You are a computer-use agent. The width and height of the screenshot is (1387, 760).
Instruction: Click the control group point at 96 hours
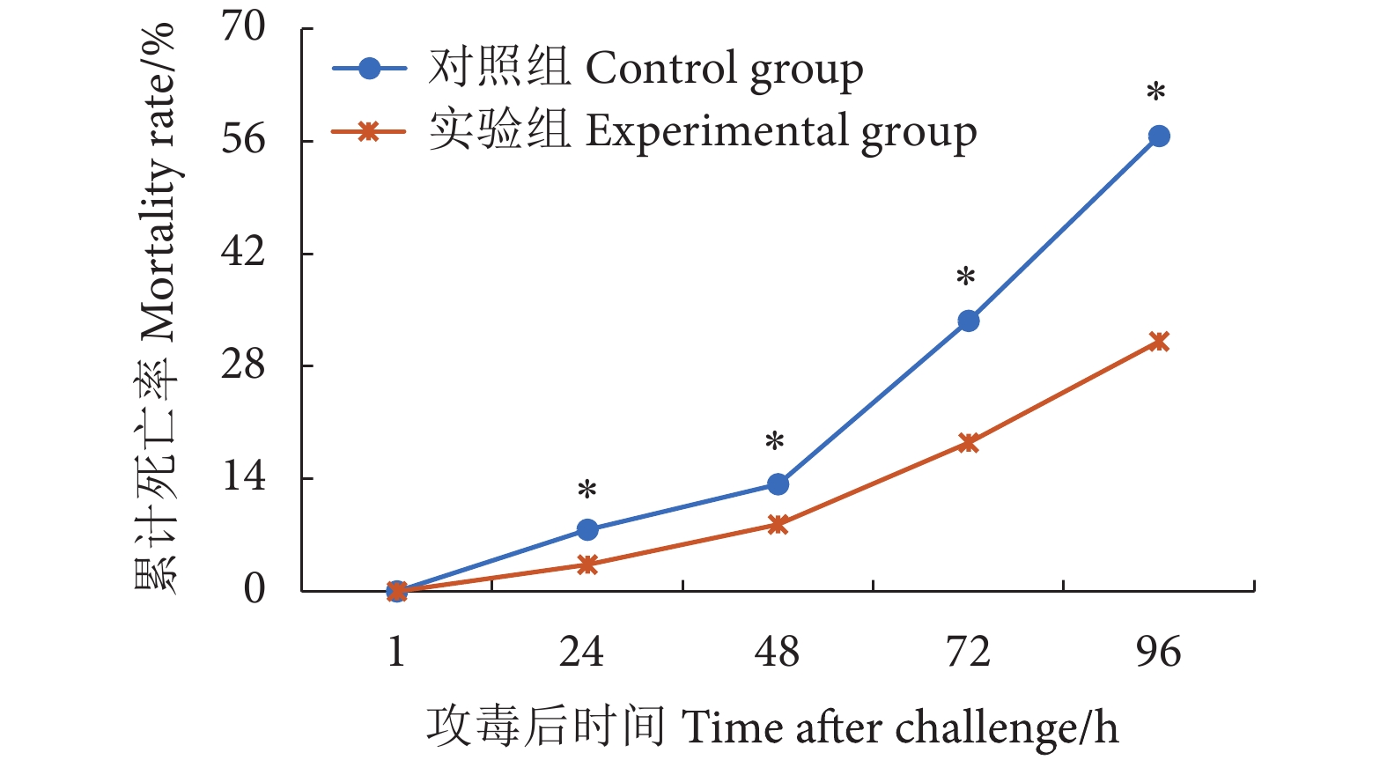tap(1159, 137)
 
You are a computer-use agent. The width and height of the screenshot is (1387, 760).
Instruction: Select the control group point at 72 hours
tap(969, 321)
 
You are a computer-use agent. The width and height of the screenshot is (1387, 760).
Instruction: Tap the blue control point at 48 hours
tap(778, 484)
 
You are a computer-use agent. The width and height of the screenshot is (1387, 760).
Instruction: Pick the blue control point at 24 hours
tap(587, 530)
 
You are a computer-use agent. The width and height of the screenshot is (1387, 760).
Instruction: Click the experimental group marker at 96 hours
tap(1159, 342)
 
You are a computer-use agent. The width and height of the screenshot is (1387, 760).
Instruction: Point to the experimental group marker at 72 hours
tap(969, 443)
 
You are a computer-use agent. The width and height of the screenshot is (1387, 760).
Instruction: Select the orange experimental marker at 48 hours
tap(778, 525)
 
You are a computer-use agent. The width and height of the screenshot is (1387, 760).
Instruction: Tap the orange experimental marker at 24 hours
tap(587, 564)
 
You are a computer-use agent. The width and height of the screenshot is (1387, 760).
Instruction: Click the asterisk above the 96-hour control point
tap(1156, 93)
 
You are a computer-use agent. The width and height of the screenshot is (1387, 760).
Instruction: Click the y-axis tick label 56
tap(243, 139)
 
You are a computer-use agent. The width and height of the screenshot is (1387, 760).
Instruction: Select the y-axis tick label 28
tap(243, 364)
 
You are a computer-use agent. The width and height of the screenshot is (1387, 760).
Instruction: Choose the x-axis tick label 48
tap(778, 653)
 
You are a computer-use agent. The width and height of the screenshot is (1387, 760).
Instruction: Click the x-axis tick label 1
tap(397, 653)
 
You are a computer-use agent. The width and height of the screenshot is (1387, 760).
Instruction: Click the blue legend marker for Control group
tap(370, 69)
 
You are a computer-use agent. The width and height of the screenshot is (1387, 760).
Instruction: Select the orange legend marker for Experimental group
tap(370, 132)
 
